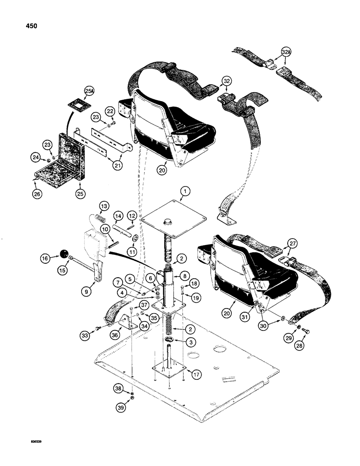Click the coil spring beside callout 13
pyautogui.click(x=99, y=217)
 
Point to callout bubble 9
pyautogui.click(x=98, y=293)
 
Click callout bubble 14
pyautogui.click(x=118, y=216)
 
